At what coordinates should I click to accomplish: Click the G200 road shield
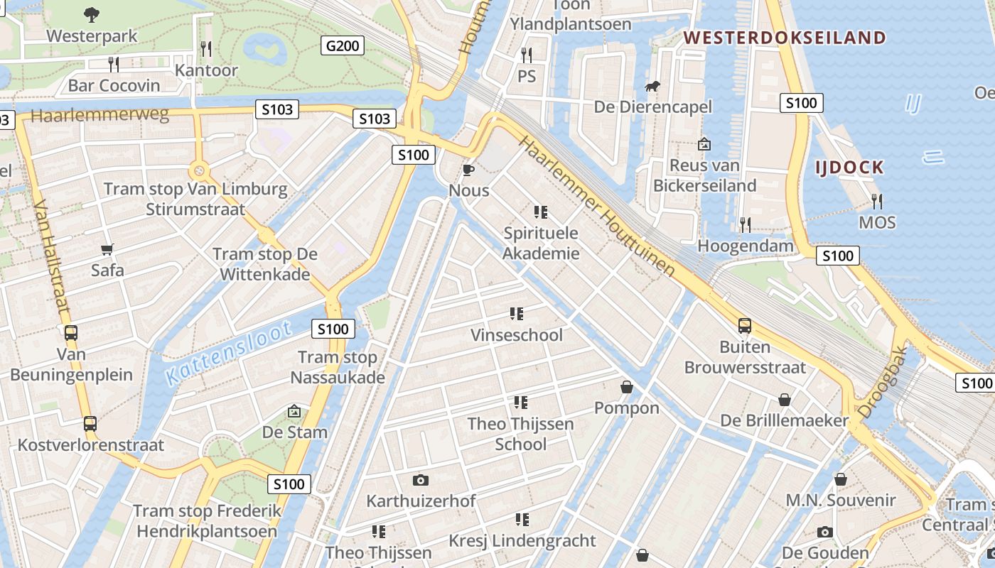344,46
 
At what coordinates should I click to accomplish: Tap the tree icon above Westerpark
92,13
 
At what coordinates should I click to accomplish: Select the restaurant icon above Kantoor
206,49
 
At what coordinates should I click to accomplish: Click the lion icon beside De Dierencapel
652,87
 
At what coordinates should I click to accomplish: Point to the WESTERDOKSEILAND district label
785,38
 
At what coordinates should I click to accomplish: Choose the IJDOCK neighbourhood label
849,168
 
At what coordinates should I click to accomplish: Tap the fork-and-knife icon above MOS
877,202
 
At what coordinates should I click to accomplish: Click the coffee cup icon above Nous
468,170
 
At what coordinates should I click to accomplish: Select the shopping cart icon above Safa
107,249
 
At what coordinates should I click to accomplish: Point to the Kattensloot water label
229,353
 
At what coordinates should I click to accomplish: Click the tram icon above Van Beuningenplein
71,332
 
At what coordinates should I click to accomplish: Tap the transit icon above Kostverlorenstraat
90,424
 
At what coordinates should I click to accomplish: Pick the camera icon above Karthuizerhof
421,480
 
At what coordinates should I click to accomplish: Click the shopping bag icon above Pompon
627,387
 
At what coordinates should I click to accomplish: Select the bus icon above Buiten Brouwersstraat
745,326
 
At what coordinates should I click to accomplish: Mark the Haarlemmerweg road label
99,115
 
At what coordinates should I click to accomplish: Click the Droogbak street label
883,381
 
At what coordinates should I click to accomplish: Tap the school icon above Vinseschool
517,314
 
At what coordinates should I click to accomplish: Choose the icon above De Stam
294,411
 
